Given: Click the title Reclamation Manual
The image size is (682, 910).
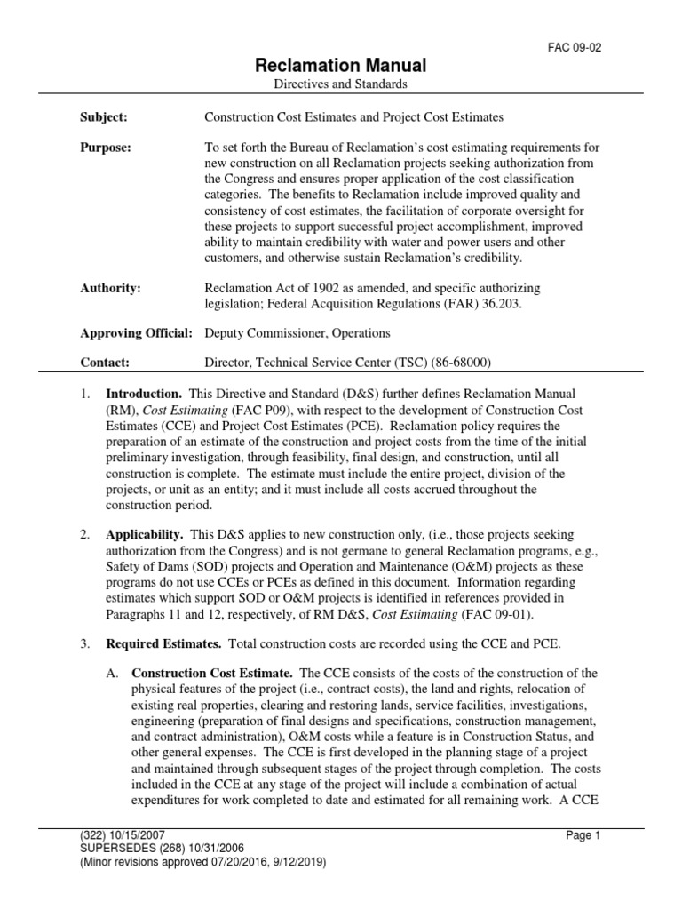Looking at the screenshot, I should (x=341, y=65).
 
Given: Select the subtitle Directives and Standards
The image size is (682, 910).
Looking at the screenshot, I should (x=341, y=84).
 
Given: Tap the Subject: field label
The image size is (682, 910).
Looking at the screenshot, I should (x=104, y=116).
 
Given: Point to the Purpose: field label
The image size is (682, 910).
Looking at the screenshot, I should (x=106, y=148).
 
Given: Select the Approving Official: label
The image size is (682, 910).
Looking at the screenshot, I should (x=137, y=333).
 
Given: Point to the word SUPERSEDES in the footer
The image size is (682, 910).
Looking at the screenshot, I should (x=114, y=848).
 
